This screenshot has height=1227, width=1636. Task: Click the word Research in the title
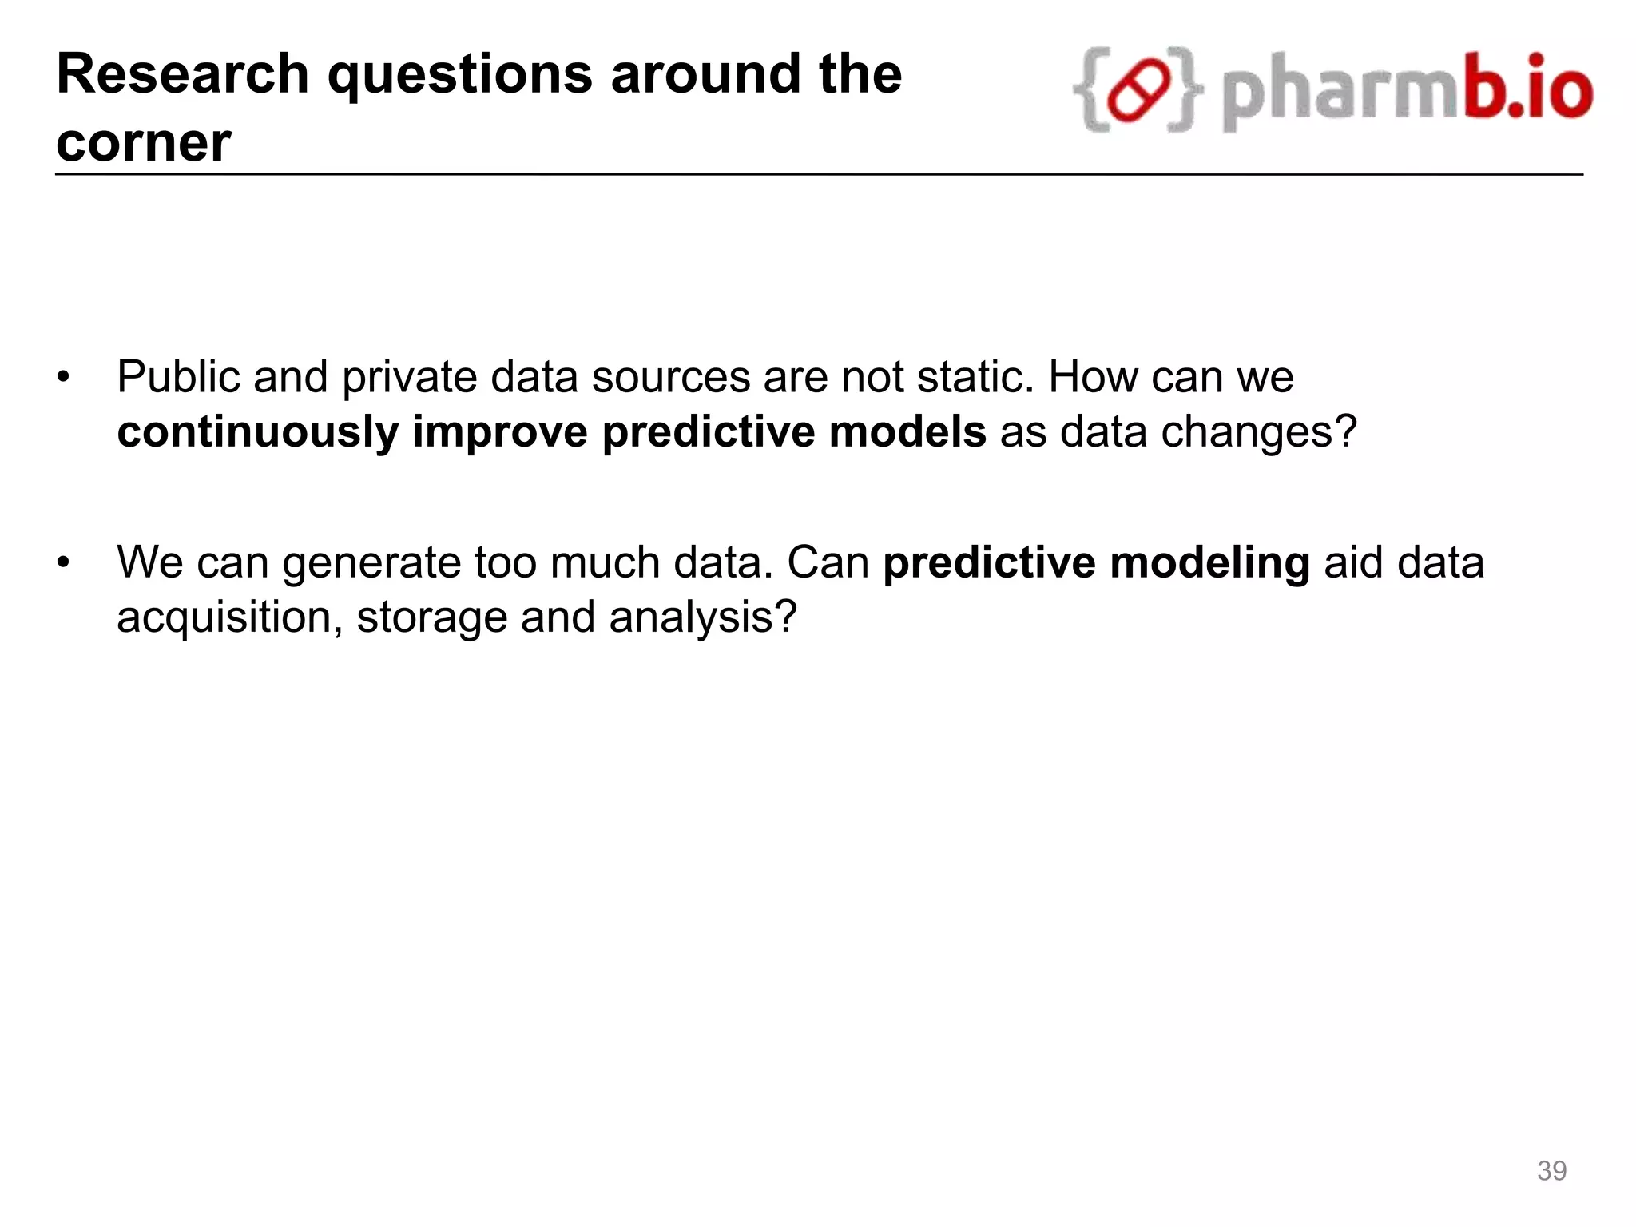click(183, 74)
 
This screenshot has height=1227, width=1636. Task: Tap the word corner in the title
click(144, 143)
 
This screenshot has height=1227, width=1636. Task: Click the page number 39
click(1551, 1171)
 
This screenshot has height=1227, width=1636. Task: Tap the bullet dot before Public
click(64, 377)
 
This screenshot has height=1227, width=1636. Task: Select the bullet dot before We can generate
click(64, 562)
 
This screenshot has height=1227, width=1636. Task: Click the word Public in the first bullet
click(177, 377)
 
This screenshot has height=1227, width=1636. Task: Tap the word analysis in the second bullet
click(703, 618)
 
